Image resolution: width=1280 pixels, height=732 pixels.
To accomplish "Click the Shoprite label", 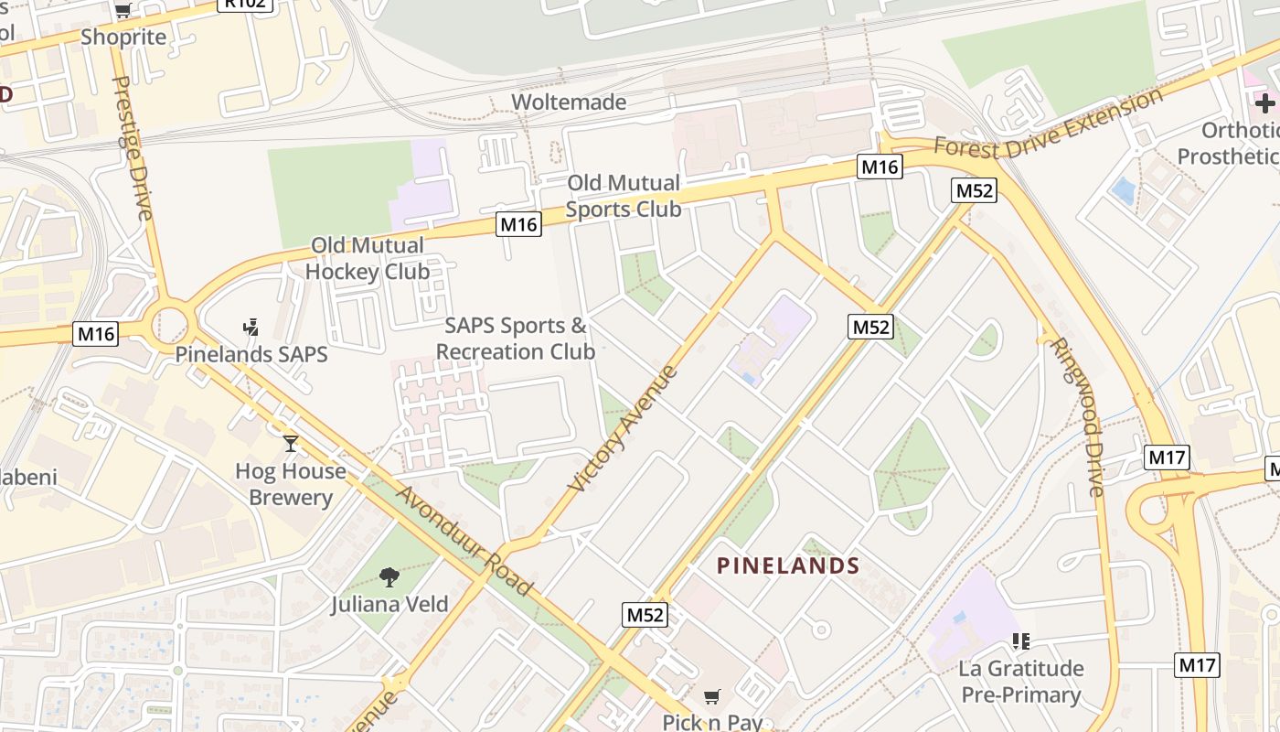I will [123, 37].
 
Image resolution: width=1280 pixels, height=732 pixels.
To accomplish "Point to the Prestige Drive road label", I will [132, 148].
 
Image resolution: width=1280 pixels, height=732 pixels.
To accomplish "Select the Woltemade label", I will [569, 102].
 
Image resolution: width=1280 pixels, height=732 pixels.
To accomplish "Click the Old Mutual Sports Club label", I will [624, 196].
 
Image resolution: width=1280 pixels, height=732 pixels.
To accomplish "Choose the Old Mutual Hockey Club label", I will [368, 258].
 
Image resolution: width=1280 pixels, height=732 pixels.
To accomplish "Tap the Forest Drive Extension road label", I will [1049, 122].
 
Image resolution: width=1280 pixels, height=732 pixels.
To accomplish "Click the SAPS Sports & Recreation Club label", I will [516, 339].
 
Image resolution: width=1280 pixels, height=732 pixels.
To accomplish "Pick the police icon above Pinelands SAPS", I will [251, 327].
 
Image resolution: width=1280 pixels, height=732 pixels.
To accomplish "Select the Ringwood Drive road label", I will [1077, 416].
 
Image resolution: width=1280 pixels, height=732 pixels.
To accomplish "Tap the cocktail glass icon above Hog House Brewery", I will [291, 444].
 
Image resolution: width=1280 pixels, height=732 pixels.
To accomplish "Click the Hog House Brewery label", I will [291, 484].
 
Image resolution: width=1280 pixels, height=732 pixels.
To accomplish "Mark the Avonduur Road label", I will [464, 541].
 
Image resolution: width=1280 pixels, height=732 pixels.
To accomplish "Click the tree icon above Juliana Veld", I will [389, 576].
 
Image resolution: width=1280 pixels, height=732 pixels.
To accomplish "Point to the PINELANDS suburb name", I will [788, 565].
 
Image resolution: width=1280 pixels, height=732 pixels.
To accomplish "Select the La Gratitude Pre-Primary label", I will [1021, 682].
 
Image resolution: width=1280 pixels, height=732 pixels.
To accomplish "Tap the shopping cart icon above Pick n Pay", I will [712, 696].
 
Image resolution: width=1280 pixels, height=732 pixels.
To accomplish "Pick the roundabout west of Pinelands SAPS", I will [169, 323].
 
